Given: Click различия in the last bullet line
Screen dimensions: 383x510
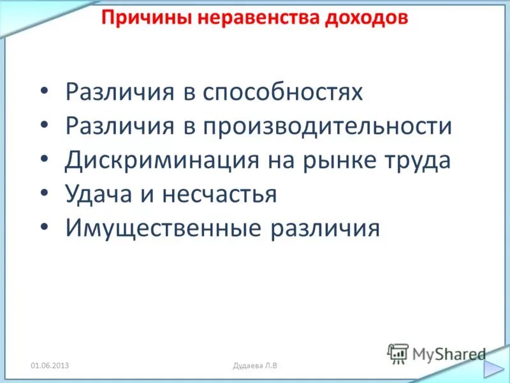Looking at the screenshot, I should [326, 229].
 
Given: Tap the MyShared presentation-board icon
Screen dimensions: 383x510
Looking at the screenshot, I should [398, 353].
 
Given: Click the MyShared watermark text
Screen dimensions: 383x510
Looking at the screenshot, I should [449, 353].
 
